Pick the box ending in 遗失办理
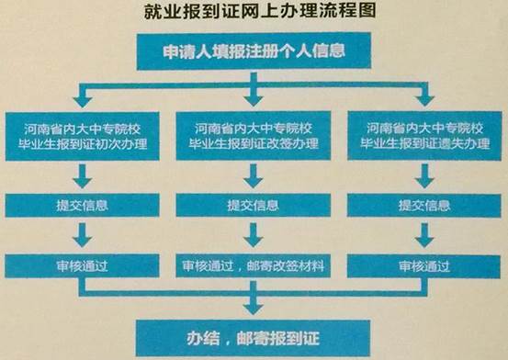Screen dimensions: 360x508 [x=424, y=136]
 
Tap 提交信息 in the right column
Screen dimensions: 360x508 [x=424, y=205]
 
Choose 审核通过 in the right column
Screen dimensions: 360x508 [x=424, y=266]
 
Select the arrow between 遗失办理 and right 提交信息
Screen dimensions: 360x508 [x=424, y=174]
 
